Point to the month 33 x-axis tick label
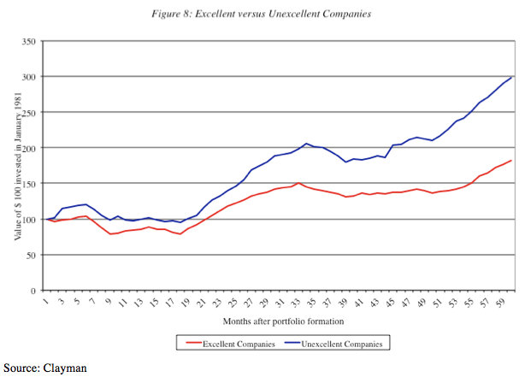(x=298, y=302)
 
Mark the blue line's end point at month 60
(x=511, y=77)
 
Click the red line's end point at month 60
(x=511, y=161)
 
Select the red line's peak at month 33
(x=299, y=183)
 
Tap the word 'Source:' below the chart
(x=21, y=368)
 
